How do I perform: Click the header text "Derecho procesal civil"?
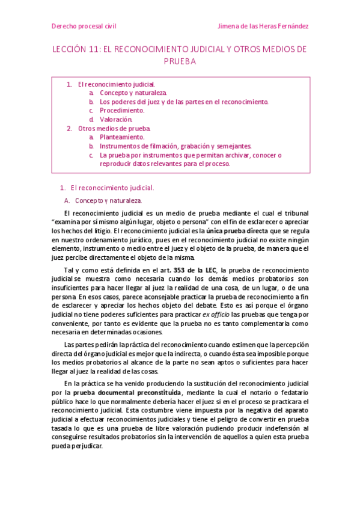click(x=84, y=26)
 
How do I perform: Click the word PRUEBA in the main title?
click(x=180, y=61)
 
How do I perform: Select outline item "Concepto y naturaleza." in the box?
click(x=133, y=93)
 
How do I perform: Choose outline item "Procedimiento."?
click(x=122, y=111)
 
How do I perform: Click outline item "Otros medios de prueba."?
click(x=114, y=128)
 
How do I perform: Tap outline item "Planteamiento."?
click(x=122, y=137)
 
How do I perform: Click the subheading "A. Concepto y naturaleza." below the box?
click(x=102, y=200)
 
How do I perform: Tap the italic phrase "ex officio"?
click(x=215, y=314)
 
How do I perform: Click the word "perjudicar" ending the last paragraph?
click(x=87, y=447)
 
